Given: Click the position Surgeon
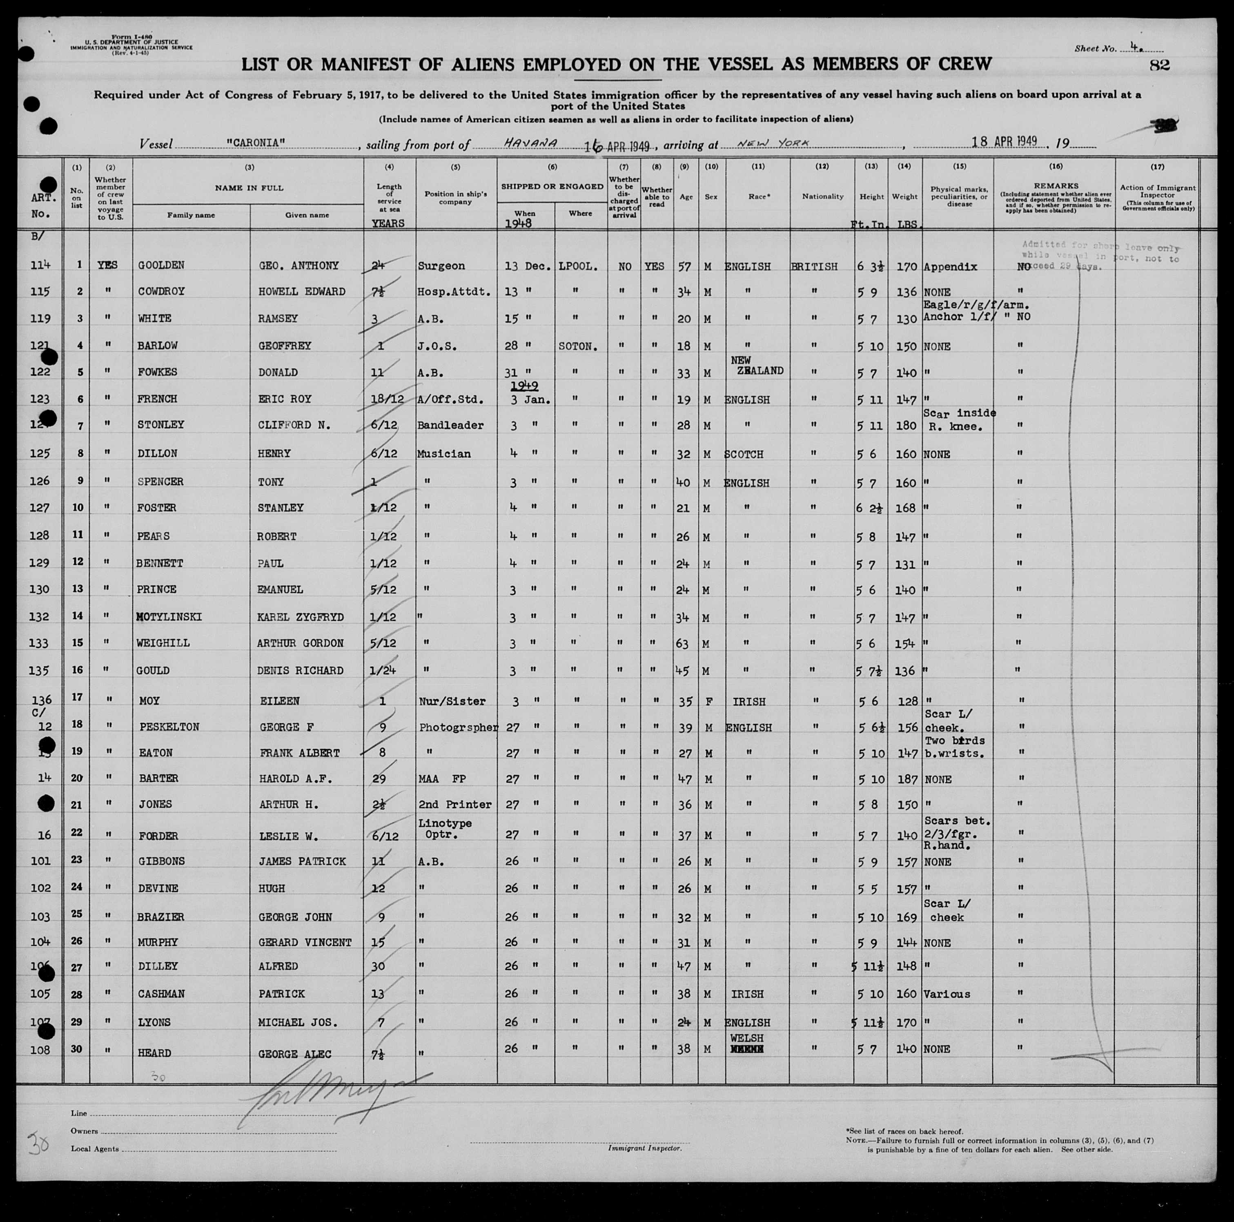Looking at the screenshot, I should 441,266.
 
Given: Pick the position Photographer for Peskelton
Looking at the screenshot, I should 458,727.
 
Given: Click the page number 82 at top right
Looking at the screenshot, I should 1158,65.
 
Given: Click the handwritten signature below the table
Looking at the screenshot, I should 332,1099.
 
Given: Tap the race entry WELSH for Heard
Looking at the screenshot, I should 747,1039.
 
